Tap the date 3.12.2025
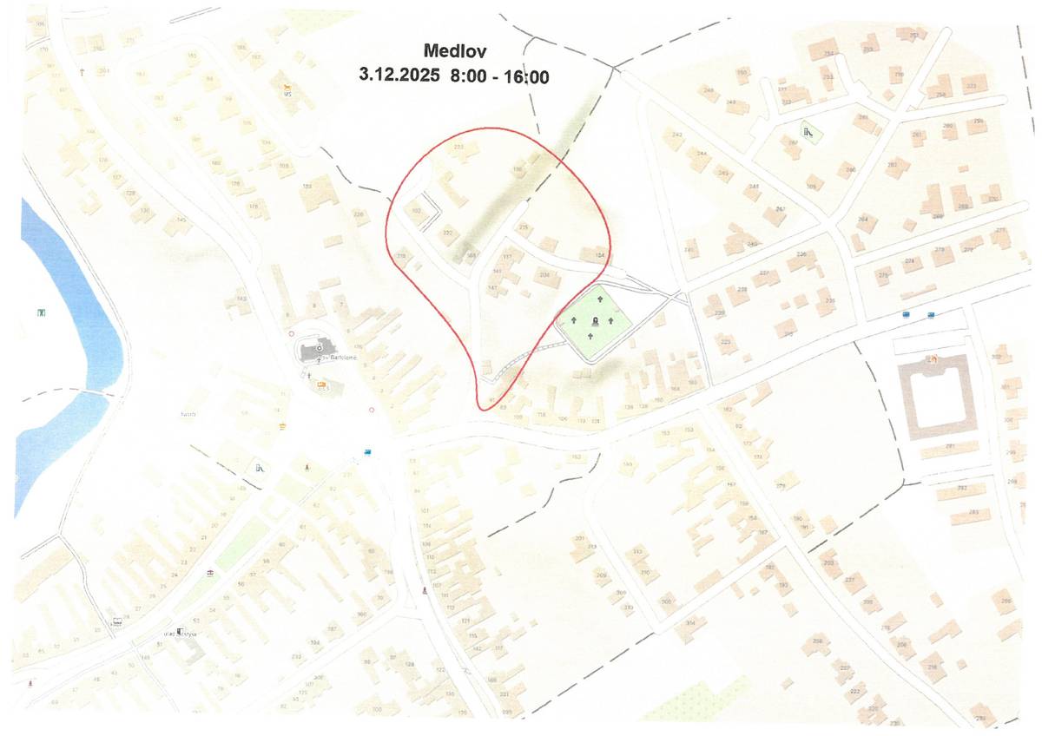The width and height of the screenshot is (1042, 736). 400,76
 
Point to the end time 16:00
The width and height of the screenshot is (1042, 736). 524,76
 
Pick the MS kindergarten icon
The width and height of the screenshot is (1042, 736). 288,89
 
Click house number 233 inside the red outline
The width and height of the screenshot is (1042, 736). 459,148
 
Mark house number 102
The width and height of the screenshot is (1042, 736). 416,211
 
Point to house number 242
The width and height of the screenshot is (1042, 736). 677,135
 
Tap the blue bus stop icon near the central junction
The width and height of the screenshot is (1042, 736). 369,451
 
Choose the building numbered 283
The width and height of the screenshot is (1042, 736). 973,513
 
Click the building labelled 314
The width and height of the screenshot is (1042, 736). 690,623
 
